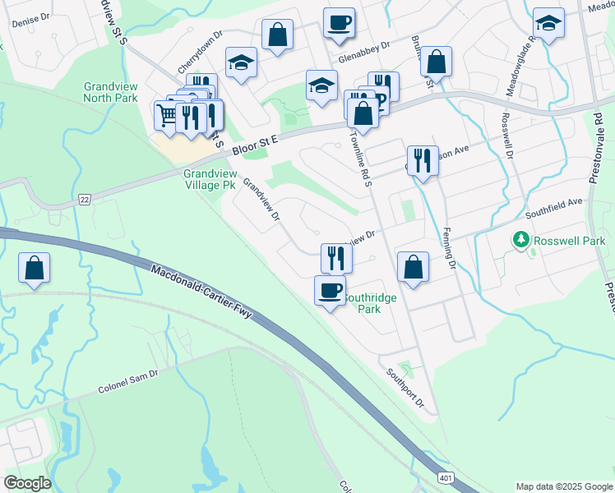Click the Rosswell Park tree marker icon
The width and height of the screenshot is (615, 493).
tap(520, 241)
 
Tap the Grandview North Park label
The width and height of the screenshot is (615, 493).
tap(109, 92)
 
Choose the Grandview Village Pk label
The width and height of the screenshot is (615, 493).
tap(210, 180)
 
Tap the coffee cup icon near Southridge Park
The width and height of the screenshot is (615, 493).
tap(331, 290)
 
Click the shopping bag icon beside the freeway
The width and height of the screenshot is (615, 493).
tap(34, 267)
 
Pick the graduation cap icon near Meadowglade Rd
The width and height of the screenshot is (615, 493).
tap(548, 23)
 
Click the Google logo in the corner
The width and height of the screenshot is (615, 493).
tap(27, 483)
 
